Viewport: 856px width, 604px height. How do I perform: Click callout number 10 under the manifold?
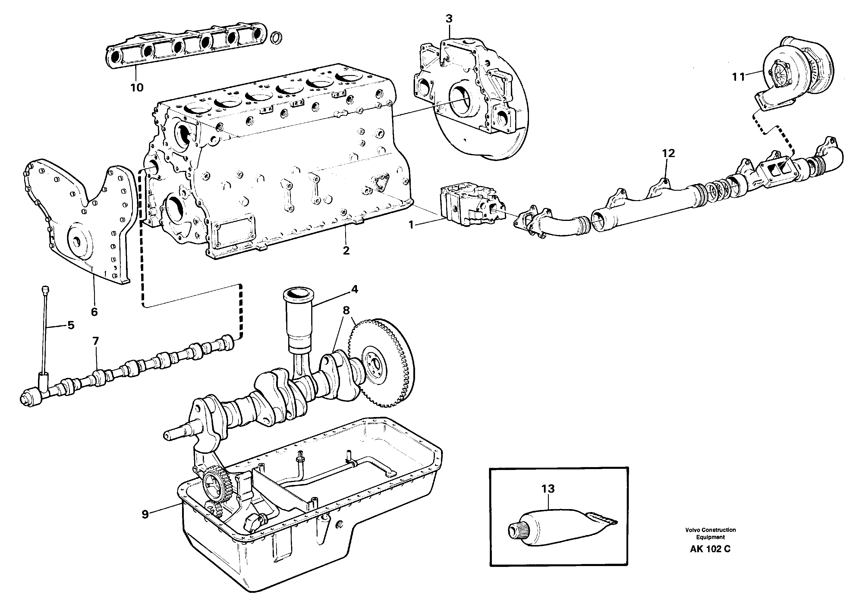click(137, 88)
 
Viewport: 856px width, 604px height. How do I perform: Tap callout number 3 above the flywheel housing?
click(449, 18)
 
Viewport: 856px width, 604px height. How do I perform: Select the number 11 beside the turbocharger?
click(738, 77)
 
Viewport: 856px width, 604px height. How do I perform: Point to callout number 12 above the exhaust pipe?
click(668, 153)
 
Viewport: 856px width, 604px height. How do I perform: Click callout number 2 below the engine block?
click(346, 251)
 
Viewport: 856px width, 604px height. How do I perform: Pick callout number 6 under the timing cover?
click(94, 312)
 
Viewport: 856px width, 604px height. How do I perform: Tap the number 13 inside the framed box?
click(548, 488)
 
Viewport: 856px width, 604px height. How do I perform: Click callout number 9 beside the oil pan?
click(145, 515)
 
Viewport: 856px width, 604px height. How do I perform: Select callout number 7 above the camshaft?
click(95, 341)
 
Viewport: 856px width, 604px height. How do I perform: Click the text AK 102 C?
click(710, 549)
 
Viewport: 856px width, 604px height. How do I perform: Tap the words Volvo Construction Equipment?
click(710, 533)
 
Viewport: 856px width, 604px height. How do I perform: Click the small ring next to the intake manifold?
click(276, 37)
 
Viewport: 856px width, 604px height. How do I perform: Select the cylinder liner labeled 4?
click(298, 321)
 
